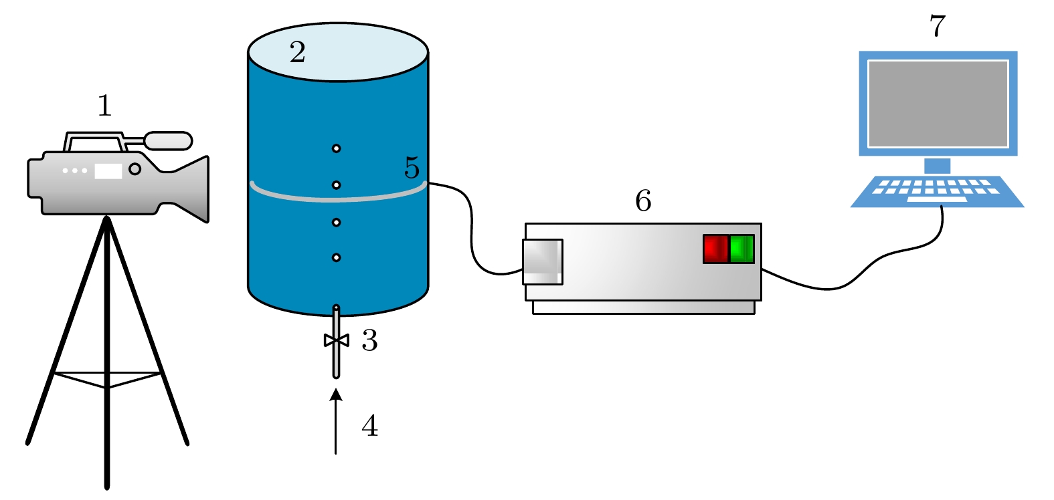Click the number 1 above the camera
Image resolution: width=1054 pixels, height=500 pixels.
pyautogui.click(x=104, y=106)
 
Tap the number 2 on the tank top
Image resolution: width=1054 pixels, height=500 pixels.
pyautogui.click(x=298, y=52)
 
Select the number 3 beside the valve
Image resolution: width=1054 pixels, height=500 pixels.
pyautogui.click(x=369, y=341)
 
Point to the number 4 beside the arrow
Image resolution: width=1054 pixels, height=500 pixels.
pyautogui.click(x=369, y=426)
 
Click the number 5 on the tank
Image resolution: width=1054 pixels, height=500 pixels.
pyautogui.click(x=412, y=167)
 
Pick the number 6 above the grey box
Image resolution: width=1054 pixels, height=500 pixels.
pyautogui.click(x=643, y=201)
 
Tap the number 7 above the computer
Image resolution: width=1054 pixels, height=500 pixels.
pyautogui.click(x=938, y=27)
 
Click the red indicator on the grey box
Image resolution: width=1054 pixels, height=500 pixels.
pyautogui.click(x=715, y=249)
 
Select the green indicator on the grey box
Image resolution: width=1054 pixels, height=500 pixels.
pyautogui.click(x=741, y=249)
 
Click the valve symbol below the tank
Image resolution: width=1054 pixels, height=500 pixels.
pyautogui.click(x=336, y=340)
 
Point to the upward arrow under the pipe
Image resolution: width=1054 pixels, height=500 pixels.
pyautogui.click(x=336, y=421)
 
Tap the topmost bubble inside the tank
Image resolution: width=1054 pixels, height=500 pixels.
pyautogui.click(x=336, y=148)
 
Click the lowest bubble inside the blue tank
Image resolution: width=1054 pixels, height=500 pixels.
pyautogui.click(x=336, y=257)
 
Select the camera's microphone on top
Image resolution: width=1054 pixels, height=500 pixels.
pyautogui.click(x=168, y=141)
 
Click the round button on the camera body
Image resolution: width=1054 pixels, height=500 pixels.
pyautogui.click(x=135, y=169)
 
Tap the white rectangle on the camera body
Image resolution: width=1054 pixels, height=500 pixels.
pyautogui.click(x=108, y=171)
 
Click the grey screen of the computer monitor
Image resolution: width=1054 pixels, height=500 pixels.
pyautogui.click(x=938, y=103)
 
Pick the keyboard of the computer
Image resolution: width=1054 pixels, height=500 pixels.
pyautogui.click(x=937, y=191)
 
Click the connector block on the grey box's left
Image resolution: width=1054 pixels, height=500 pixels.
pyautogui.click(x=542, y=262)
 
